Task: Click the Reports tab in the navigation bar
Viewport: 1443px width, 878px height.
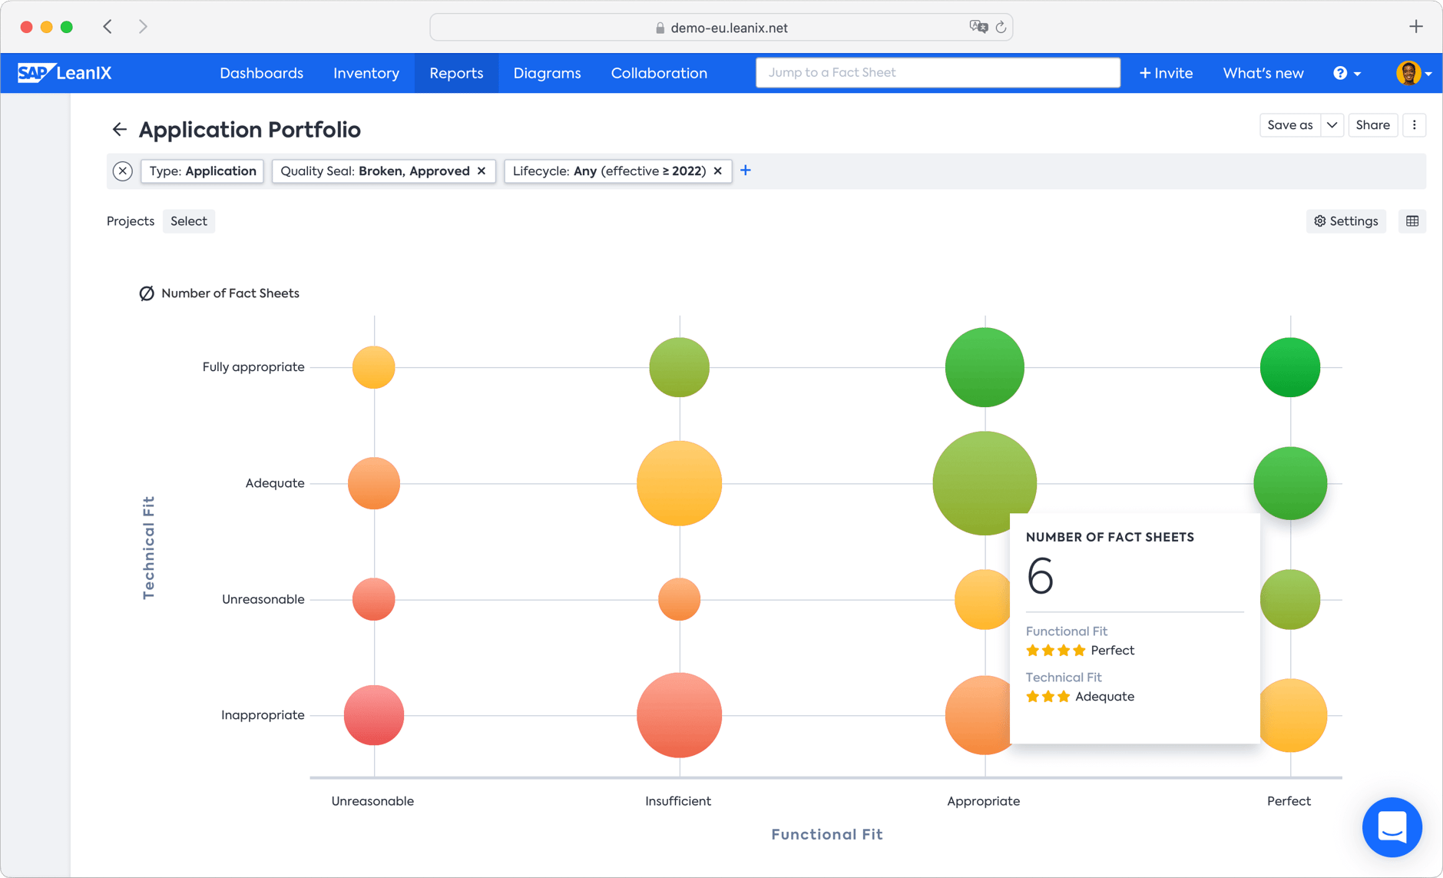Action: click(x=456, y=73)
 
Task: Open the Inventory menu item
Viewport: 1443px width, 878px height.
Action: click(x=366, y=73)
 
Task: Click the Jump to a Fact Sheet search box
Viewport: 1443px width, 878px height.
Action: click(x=937, y=73)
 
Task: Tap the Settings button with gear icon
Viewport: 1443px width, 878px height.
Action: click(x=1345, y=221)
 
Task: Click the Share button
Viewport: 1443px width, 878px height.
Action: click(x=1372, y=125)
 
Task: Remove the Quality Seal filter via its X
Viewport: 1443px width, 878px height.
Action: click(x=482, y=171)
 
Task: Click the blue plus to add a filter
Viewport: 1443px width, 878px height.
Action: click(x=745, y=171)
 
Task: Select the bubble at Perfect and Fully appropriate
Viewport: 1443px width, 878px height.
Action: click(x=1289, y=367)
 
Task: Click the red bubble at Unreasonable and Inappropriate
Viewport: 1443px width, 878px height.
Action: click(x=374, y=715)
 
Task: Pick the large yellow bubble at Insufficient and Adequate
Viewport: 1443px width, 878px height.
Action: click(x=679, y=483)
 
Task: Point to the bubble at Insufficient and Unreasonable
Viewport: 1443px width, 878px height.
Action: click(x=679, y=599)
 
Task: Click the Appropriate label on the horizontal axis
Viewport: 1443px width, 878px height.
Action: click(x=983, y=801)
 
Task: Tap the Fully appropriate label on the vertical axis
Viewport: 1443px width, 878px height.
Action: click(x=253, y=367)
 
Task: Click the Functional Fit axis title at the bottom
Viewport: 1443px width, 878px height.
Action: click(x=826, y=834)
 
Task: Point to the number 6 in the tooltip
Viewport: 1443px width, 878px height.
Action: click(x=1040, y=576)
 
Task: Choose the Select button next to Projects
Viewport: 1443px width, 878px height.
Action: click(x=189, y=221)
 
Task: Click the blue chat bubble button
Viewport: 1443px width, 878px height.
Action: click(x=1392, y=827)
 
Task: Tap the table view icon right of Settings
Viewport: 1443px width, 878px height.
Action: click(x=1412, y=221)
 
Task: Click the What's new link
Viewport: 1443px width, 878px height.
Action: click(x=1263, y=73)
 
